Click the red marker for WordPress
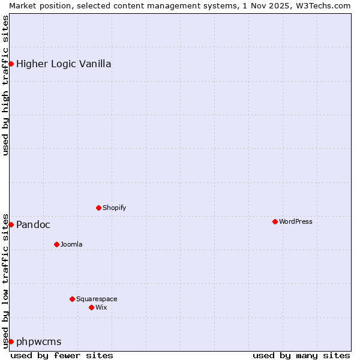[x=275, y=221]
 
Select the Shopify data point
[x=98, y=208]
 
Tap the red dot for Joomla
[x=56, y=244]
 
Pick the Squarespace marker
[x=72, y=299]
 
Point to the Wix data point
[x=91, y=307]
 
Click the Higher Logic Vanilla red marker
[x=11, y=64]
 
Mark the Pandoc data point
[x=11, y=224]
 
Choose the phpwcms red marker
[x=11, y=341]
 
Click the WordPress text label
[x=295, y=221]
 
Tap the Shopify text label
[x=114, y=208]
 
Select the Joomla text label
[x=71, y=244]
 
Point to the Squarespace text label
[x=97, y=299]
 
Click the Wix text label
[x=101, y=307]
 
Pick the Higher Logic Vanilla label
[x=64, y=64]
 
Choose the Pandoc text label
[x=33, y=224]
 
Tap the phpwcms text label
[x=38, y=341]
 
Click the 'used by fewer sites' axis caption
[x=62, y=355]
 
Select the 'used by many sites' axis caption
[x=301, y=355]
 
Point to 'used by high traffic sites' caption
[x=6, y=85]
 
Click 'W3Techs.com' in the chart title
[x=322, y=5]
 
